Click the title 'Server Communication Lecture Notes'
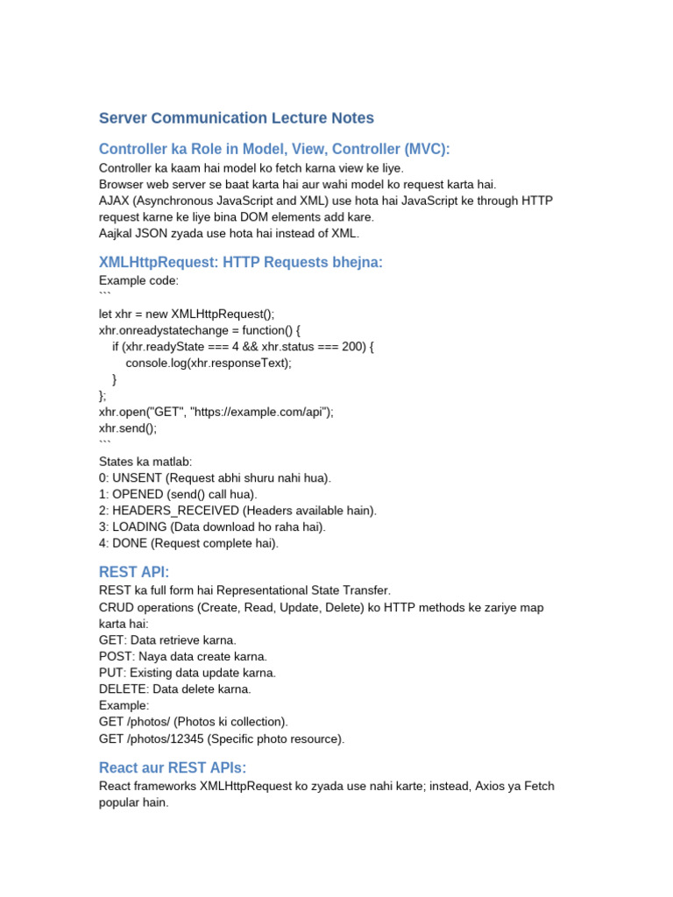coord(236,117)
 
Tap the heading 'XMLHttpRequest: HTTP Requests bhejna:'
coord(240,263)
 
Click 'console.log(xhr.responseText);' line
coord(209,363)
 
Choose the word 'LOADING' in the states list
coord(139,526)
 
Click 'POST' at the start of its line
coord(114,656)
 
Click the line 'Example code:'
coord(138,280)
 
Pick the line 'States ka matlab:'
coord(146,462)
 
